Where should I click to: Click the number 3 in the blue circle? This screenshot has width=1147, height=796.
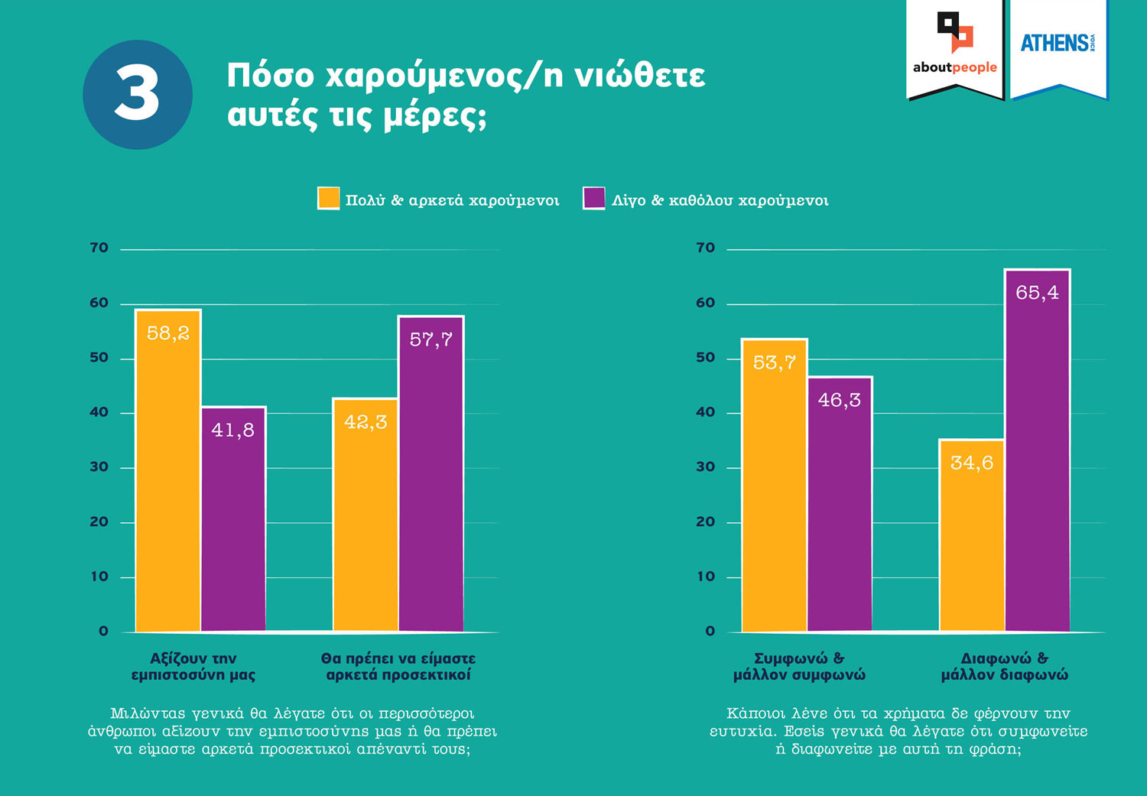click(x=138, y=94)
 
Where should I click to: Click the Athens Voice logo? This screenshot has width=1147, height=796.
click(x=1058, y=44)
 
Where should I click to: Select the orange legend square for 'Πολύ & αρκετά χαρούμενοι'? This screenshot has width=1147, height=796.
click(x=328, y=198)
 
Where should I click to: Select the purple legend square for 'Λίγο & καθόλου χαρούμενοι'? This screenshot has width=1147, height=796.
click(x=593, y=198)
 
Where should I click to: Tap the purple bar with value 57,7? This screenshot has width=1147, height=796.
click(x=431, y=473)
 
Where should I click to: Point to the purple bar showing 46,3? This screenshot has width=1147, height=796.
click(x=840, y=504)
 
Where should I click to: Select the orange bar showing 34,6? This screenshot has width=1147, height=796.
click(x=971, y=535)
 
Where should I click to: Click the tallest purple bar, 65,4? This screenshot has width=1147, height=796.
click(x=1037, y=450)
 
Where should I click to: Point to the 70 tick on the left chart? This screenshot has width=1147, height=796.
click(x=99, y=248)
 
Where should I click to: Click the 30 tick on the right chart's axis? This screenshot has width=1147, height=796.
click(x=706, y=467)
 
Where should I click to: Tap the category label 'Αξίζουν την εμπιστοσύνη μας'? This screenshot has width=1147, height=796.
click(x=193, y=667)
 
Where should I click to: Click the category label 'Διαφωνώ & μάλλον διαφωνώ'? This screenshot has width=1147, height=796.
click(x=1004, y=667)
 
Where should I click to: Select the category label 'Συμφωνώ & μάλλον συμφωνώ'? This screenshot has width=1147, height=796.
click(x=799, y=667)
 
